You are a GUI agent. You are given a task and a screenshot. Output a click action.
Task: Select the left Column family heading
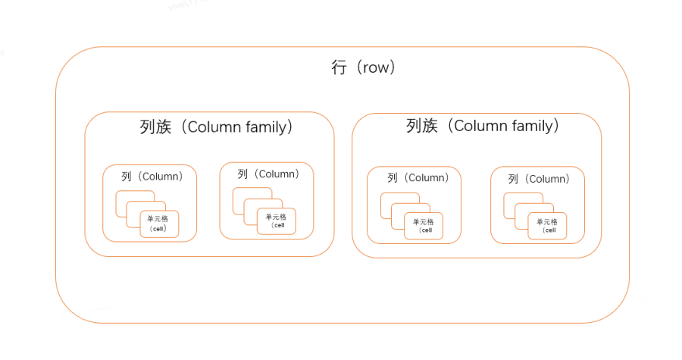click(217, 127)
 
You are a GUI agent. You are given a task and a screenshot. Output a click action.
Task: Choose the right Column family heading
click(483, 126)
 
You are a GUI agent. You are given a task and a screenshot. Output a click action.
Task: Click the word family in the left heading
click(266, 127)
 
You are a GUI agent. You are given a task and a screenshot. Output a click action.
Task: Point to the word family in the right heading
click(533, 126)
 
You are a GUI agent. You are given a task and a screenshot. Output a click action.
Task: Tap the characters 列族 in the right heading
click(422, 126)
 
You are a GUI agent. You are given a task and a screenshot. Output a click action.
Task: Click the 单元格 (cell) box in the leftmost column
click(159, 224)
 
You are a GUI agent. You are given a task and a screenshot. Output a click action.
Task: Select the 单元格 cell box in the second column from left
click(276, 221)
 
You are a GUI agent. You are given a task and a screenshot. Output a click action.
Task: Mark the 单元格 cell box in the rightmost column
click(546, 226)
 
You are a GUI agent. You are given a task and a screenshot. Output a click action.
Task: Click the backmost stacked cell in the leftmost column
click(124, 198)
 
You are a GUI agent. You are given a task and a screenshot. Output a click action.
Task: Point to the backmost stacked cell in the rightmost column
click(513, 199)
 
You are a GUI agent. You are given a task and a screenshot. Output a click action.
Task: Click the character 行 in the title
click(339, 67)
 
